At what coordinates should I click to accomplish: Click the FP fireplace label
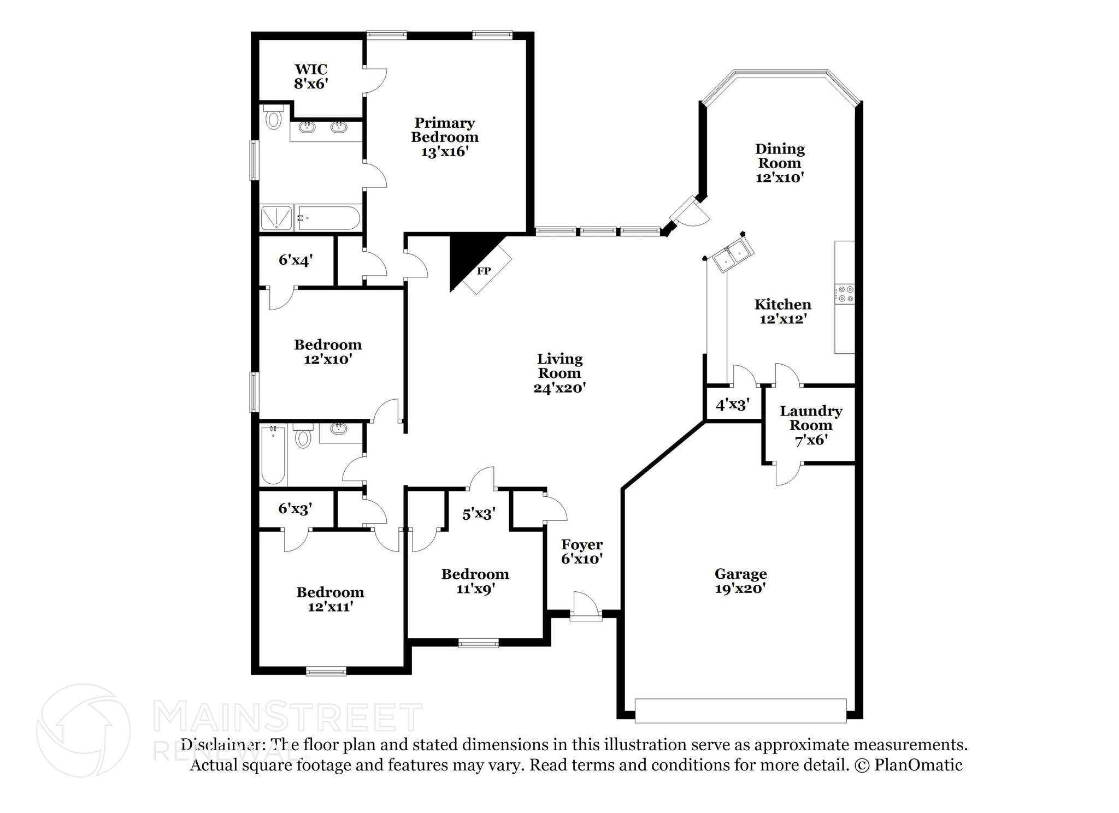click(x=484, y=271)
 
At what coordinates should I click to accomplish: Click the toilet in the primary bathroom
click(x=273, y=118)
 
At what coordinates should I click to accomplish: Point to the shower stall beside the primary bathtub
click(x=277, y=217)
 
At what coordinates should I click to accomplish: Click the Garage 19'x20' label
click(x=740, y=581)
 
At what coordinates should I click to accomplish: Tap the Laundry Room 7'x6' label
click(x=810, y=425)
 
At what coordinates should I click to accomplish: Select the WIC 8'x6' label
click(x=311, y=76)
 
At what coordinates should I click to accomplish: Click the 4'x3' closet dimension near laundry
click(x=732, y=405)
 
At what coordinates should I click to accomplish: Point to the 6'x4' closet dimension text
click(x=296, y=260)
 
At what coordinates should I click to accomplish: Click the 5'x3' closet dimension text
click(x=479, y=514)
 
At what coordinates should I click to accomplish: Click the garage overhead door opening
click(x=740, y=710)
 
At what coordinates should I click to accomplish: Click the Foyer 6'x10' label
click(x=581, y=551)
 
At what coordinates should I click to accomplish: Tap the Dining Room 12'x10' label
click(x=779, y=163)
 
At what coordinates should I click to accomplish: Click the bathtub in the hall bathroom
click(x=273, y=455)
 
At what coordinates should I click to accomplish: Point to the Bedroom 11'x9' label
click(x=475, y=581)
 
